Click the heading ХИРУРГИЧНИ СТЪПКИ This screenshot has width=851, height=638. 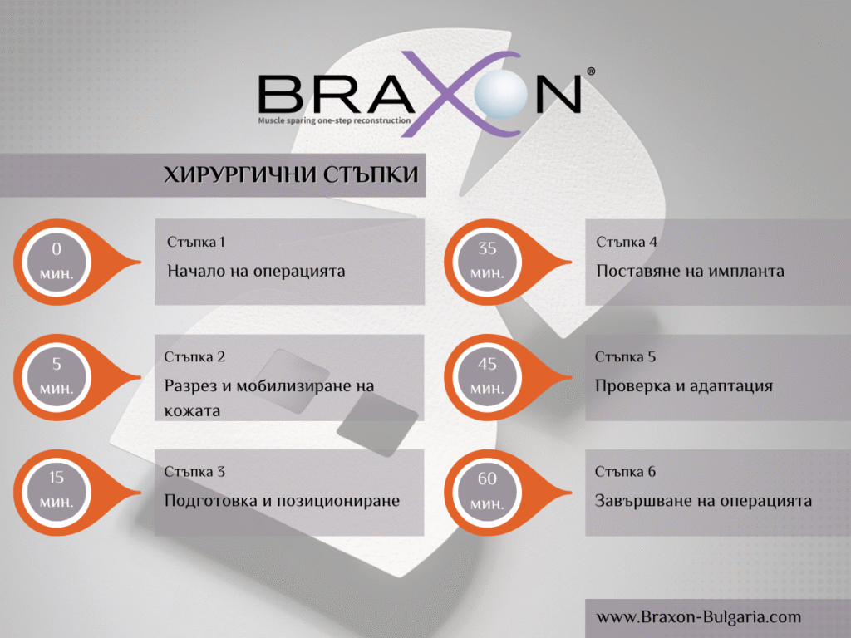coord(290,174)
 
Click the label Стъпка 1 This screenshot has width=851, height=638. coord(196,242)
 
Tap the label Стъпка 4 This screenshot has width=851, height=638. coord(627,242)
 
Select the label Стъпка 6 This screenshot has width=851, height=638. coord(625,472)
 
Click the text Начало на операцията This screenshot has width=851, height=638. coord(256,271)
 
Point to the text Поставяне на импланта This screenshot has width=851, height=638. coord(690,271)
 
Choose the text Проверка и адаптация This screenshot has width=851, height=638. coord(684,386)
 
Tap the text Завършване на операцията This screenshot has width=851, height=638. coord(703,501)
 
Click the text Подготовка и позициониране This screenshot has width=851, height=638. coord(282,501)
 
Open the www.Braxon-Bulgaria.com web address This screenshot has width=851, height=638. coord(698,616)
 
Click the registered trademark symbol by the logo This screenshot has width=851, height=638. coord(590,72)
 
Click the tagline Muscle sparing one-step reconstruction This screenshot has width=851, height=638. coord(334,120)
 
